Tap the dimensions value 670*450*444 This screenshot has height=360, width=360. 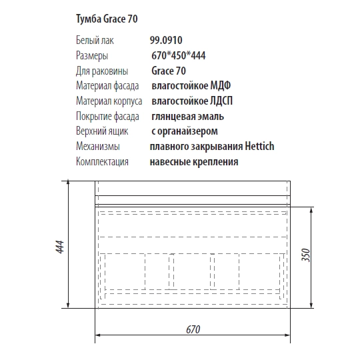pyautogui.click(x=178, y=55)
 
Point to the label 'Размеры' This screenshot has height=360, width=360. pyautogui.click(x=92, y=55)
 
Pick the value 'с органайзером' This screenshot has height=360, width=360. pyautogui.click(x=184, y=131)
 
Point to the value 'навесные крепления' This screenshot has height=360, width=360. pyautogui.click(x=194, y=161)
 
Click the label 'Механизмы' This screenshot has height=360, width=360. pyautogui.click(x=98, y=146)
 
